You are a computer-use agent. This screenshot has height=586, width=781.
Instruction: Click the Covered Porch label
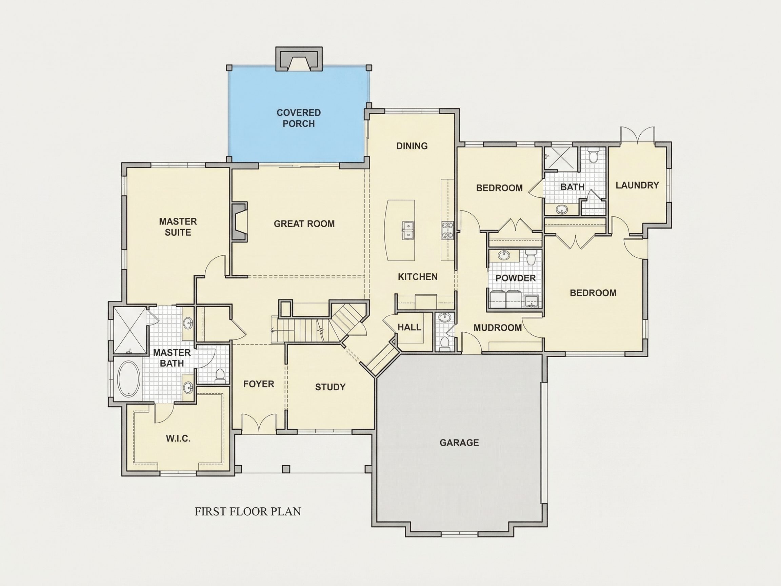299,118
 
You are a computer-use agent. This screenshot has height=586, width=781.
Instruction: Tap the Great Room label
304,223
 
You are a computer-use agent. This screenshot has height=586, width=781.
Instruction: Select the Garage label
459,443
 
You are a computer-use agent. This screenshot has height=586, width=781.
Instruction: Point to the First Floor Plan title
248,511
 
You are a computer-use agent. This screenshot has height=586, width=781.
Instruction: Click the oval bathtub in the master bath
129,379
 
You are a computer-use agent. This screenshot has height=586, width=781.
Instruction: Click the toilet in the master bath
220,376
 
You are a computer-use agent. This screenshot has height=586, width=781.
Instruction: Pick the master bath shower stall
129,330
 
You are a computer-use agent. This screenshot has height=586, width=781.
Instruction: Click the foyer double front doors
259,423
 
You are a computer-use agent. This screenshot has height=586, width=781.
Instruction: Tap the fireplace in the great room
239,222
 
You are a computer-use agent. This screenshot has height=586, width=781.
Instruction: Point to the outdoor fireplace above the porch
299,59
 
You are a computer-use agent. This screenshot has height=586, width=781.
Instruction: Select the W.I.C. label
178,439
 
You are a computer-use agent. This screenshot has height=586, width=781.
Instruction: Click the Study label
330,387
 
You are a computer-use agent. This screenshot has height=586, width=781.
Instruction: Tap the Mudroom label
498,328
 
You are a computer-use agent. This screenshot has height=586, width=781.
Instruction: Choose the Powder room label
516,278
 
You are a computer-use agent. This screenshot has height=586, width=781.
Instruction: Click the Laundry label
637,185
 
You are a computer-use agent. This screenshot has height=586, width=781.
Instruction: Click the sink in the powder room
504,255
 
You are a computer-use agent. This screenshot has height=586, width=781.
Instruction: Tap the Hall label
409,327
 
